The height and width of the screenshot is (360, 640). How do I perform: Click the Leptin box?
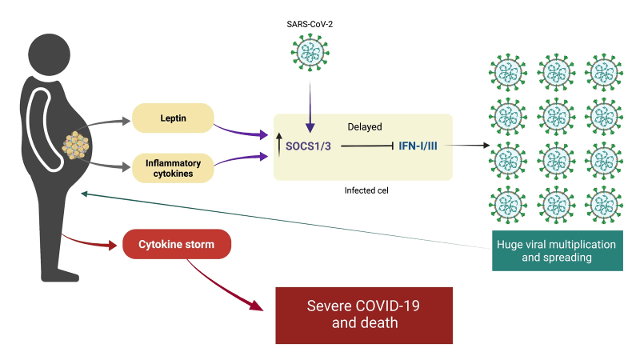click(173, 118)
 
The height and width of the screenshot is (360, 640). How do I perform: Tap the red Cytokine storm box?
click(177, 243)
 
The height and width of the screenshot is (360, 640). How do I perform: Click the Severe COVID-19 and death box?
click(364, 315)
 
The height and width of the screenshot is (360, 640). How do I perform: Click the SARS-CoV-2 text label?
click(310, 25)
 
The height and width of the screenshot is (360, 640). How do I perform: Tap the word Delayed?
click(364, 126)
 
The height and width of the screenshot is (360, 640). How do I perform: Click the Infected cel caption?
click(365, 190)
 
